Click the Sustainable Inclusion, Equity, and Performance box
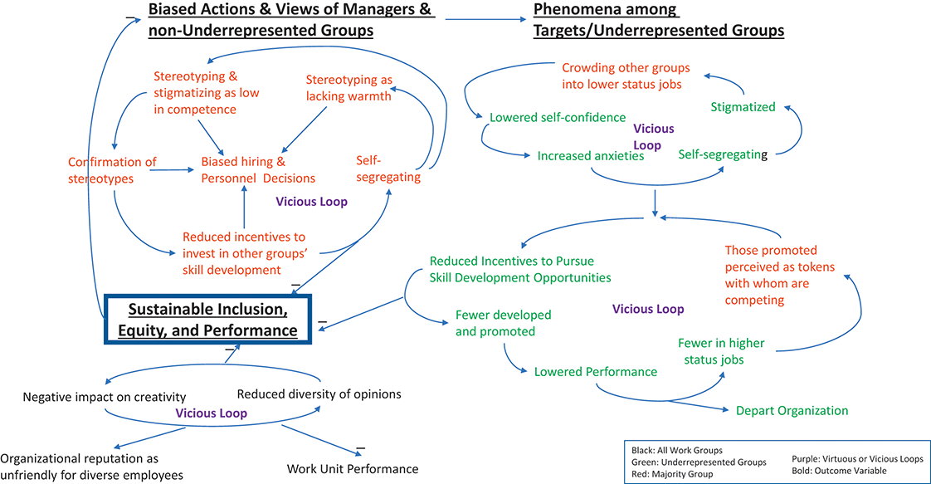208,320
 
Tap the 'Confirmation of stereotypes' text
112,170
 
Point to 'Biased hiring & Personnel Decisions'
258,170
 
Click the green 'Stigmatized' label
743,107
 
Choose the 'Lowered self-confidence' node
558,118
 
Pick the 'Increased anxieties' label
591,156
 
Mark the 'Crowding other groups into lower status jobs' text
626,76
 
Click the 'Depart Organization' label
792,411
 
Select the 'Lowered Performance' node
595,372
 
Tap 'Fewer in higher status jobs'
720,351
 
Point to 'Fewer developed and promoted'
503,324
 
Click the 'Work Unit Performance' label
352,469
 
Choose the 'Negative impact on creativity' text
105,397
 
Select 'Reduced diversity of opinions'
319,394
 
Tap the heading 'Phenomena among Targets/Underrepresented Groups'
658,20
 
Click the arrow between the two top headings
485,17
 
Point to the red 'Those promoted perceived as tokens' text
771,275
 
